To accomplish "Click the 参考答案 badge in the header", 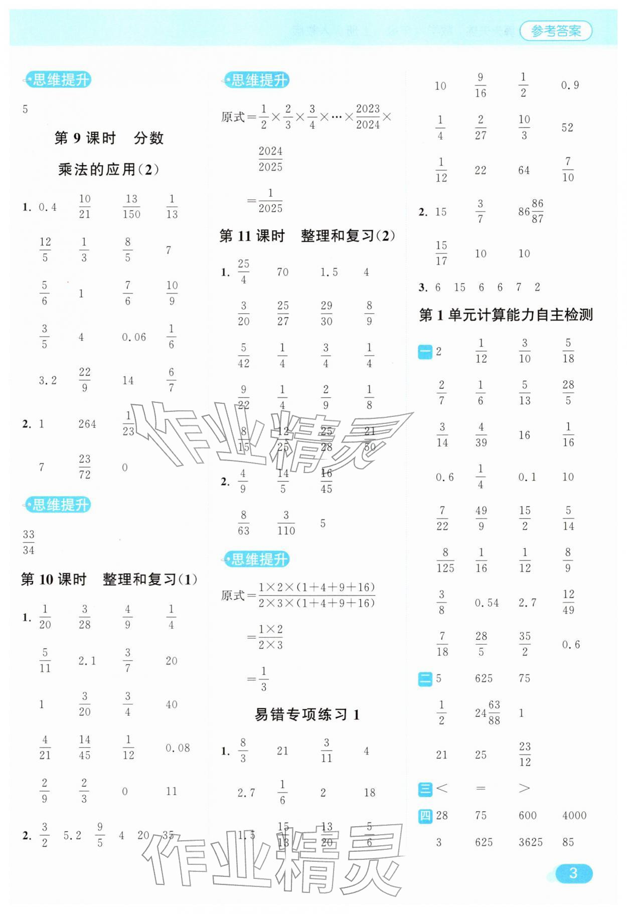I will (556, 31).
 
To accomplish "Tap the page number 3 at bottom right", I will (573, 873).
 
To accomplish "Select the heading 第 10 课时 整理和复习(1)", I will (109, 579).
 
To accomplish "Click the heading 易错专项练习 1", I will (307, 714).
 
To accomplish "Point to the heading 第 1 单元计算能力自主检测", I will (506, 315).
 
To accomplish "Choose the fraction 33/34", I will (29, 542).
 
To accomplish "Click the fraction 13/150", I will (131, 207).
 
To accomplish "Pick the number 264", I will (87, 424).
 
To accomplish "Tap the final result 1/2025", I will (270, 201).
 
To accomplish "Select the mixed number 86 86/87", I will (531, 211).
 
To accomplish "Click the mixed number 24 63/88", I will (488, 713).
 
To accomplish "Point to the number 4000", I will (574, 816).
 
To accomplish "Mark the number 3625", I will (530, 842).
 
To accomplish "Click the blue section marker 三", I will (425, 789).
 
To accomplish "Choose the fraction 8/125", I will (445, 560).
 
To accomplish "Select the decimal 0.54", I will (487, 603).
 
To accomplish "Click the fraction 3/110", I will (286, 523).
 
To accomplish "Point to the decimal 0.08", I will (178, 748).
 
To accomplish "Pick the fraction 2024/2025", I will (270, 159).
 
